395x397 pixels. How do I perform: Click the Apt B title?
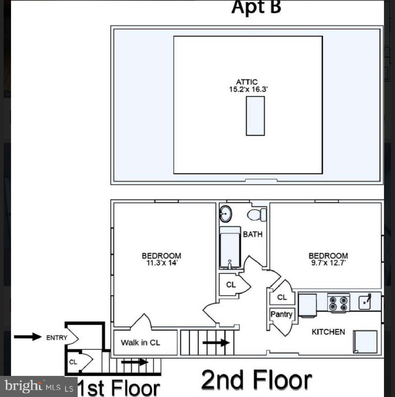pyautogui.click(x=256, y=7)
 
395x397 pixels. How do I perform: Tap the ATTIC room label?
pyautogui.click(x=246, y=82)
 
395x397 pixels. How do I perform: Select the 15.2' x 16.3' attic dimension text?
pyautogui.click(x=248, y=89)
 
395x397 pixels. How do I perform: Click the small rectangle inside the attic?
pyautogui.click(x=255, y=116)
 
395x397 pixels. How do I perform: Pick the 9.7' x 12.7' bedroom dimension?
pyautogui.click(x=328, y=263)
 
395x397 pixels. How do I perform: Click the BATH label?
pyautogui.click(x=253, y=234)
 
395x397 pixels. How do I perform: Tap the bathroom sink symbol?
pyautogui.click(x=226, y=213)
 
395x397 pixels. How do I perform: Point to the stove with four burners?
pyautogui.click(x=338, y=303)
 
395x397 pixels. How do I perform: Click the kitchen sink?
pyautogui.click(x=365, y=302)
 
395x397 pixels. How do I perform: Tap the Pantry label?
pyautogui.click(x=281, y=314)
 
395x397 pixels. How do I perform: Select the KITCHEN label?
pyautogui.click(x=328, y=332)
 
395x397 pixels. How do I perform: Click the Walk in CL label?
pyautogui.click(x=140, y=343)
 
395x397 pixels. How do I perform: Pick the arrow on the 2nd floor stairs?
pyautogui.click(x=216, y=343)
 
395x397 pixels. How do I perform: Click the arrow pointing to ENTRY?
pyautogui.click(x=28, y=337)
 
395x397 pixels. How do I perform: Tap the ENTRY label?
pyautogui.click(x=57, y=338)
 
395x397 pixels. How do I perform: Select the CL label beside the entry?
pyautogui.click(x=73, y=362)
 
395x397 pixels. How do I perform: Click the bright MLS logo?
pyautogui.click(x=38, y=387)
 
